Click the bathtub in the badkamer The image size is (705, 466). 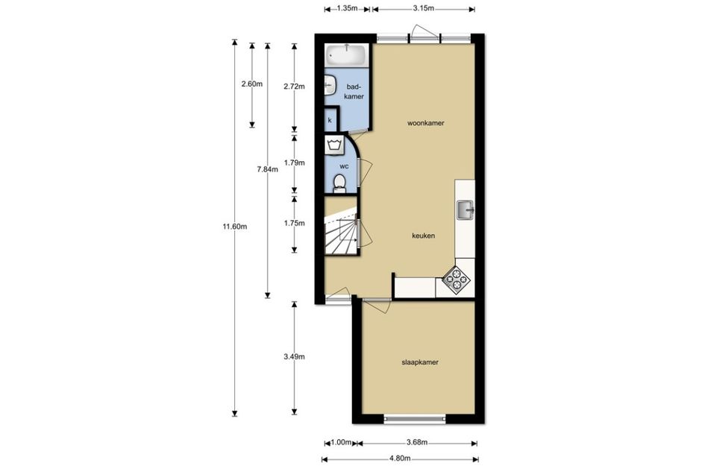[347, 54]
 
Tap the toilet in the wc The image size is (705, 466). [339, 182]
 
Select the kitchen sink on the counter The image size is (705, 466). [466, 210]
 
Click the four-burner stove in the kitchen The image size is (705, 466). [455, 280]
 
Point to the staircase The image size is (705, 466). [342, 233]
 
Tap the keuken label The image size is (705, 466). [423, 236]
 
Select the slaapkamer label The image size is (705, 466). [419, 362]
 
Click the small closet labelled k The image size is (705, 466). [330, 119]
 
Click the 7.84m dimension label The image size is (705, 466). [267, 169]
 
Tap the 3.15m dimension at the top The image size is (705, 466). [423, 9]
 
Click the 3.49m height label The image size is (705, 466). [295, 357]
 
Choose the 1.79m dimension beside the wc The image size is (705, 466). [295, 162]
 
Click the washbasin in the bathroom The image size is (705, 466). [330, 87]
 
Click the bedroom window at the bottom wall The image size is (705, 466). [416, 419]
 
